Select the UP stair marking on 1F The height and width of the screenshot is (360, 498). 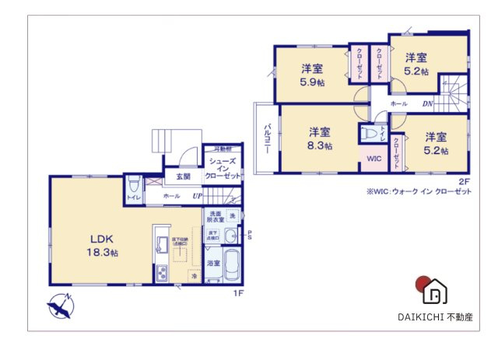click(x=197, y=197)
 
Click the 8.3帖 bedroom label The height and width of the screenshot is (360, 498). click(x=320, y=138)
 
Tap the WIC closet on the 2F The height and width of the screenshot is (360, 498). click(x=373, y=159)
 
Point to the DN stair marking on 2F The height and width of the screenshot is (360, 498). click(x=426, y=103)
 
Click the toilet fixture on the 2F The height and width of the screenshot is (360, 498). click(x=373, y=135)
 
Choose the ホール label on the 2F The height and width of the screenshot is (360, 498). click(x=398, y=103)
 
